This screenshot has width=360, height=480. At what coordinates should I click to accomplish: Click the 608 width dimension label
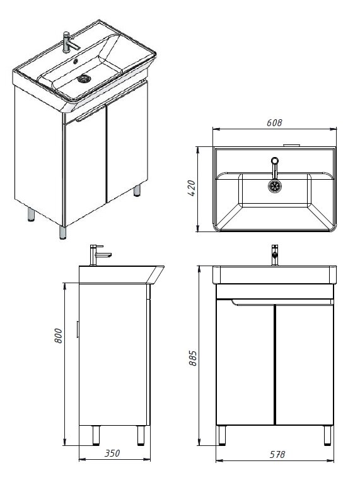(x=274, y=123)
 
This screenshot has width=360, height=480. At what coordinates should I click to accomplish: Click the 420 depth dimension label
(x=191, y=188)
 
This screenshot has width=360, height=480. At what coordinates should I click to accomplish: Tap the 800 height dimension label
(x=58, y=336)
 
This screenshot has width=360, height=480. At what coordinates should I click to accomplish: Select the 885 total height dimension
(x=193, y=358)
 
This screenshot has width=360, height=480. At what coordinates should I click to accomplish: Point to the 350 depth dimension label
(x=112, y=453)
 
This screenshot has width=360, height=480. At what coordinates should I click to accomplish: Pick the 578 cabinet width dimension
(x=277, y=454)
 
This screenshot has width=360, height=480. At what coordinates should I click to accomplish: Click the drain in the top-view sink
(x=275, y=186)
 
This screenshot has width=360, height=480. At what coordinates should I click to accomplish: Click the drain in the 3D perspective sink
(x=84, y=79)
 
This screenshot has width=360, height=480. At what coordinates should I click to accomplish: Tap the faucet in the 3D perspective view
(x=70, y=42)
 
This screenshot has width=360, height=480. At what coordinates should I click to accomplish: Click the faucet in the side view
(x=99, y=255)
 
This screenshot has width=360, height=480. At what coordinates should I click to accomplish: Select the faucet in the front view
(x=275, y=255)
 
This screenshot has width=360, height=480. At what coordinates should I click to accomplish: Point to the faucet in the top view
(x=275, y=168)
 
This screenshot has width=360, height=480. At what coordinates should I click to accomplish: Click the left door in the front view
(x=245, y=363)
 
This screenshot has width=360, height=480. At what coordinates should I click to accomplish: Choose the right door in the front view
(x=305, y=365)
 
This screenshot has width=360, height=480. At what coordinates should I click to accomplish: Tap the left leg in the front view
(x=222, y=435)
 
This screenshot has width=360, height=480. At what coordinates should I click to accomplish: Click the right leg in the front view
(x=327, y=435)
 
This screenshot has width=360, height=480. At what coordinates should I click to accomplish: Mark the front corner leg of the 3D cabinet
(x=62, y=232)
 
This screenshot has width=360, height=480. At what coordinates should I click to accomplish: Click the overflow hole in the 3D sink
(x=75, y=61)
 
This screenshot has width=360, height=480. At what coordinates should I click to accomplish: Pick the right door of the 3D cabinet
(x=127, y=143)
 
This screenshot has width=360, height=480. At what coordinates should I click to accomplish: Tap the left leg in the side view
(x=96, y=435)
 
